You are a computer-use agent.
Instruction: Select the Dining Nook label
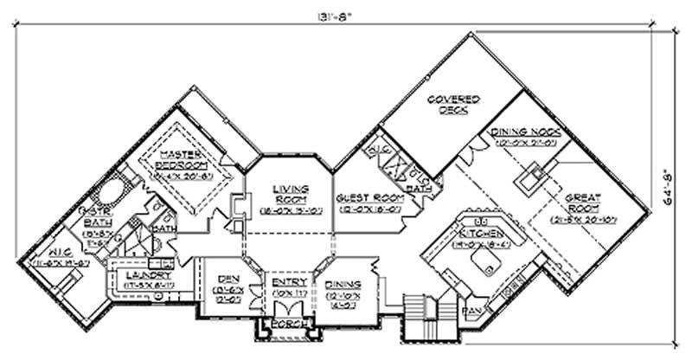[x=528, y=132]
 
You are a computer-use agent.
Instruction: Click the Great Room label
[x=583, y=202]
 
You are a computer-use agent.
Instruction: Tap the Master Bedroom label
[x=183, y=158]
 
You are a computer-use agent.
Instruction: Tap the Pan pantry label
[x=472, y=308]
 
